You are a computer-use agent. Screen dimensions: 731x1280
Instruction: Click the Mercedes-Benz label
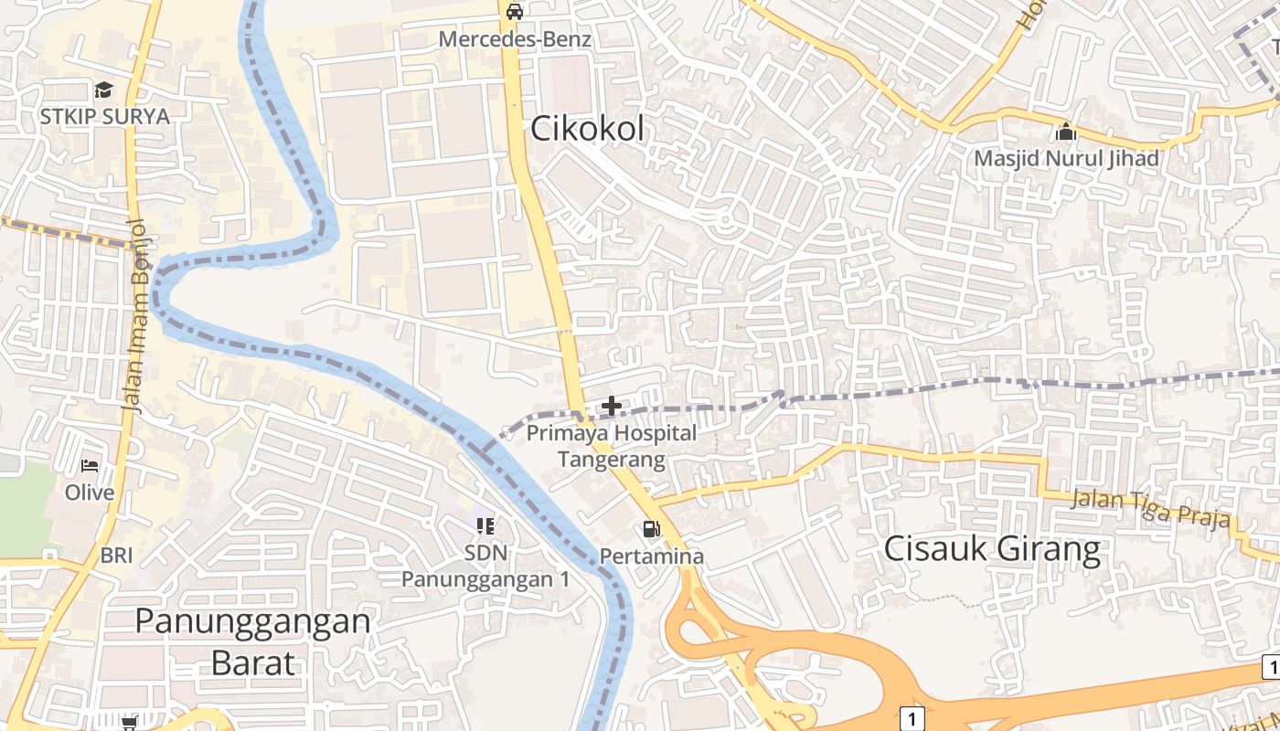click(515, 39)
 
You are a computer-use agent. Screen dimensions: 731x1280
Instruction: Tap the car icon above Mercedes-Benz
click(515, 12)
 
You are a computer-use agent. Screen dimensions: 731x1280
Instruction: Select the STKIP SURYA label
click(104, 117)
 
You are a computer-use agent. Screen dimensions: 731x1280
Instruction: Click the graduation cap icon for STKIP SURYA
click(103, 90)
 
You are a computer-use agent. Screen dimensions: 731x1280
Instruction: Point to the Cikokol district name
click(587, 129)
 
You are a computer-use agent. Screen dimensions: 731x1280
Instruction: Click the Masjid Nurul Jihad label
click(1066, 158)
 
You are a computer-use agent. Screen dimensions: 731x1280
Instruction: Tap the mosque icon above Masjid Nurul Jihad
click(1065, 132)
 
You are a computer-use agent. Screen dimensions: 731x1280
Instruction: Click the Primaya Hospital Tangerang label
click(612, 446)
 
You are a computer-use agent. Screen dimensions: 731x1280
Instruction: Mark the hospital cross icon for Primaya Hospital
click(612, 406)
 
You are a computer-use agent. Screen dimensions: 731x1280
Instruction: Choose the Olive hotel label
click(90, 493)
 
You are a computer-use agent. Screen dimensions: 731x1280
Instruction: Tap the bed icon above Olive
click(90, 466)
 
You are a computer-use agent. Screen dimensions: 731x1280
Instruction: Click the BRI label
click(117, 555)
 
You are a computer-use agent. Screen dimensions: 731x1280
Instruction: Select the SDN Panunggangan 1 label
click(485, 566)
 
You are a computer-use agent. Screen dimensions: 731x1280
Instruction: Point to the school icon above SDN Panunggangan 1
click(485, 525)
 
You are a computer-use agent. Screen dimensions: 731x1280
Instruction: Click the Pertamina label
click(652, 556)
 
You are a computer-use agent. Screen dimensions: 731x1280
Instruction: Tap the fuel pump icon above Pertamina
click(651, 528)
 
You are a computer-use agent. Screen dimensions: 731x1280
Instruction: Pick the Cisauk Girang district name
click(992, 549)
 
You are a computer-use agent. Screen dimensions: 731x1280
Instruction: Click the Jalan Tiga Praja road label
click(1149, 509)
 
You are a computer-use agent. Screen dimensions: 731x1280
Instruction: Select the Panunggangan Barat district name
click(253, 641)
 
